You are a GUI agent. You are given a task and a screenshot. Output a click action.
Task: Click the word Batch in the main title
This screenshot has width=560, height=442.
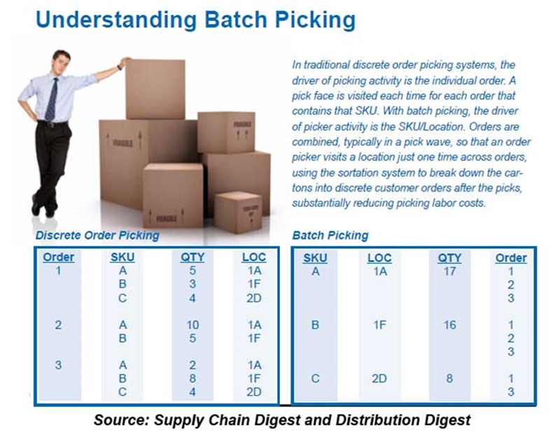[x=235, y=20]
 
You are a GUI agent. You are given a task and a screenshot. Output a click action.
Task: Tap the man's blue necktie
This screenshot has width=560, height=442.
[x=52, y=100]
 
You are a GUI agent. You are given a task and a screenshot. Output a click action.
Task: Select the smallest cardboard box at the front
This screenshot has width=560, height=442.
[x=238, y=212]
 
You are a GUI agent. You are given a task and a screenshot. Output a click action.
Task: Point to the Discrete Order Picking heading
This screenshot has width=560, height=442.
[x=97, y=236]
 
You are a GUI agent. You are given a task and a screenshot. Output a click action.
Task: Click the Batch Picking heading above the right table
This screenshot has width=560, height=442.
[x=330, y=236]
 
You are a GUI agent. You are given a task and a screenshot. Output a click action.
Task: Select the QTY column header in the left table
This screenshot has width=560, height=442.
[x=192, y=257]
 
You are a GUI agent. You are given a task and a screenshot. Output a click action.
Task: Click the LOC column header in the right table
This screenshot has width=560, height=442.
[x=379, y=258]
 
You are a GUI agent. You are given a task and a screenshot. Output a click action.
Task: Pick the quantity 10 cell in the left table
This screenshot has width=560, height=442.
[x=192, y=325]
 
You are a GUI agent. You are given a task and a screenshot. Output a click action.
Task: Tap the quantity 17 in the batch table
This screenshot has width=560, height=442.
[x=449, y=271]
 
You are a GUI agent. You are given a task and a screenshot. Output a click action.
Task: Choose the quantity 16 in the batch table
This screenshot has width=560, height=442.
[x=449, y=325]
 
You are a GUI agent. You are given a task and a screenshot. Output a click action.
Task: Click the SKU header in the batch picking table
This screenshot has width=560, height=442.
[x=316, y=258]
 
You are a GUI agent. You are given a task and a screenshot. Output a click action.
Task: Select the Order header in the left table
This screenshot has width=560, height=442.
[x=59, y=257]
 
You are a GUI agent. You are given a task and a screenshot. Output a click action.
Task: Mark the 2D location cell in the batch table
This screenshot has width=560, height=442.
[x=379, y=378]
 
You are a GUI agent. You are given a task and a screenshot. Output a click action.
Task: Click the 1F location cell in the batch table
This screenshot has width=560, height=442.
[x=379, y=325]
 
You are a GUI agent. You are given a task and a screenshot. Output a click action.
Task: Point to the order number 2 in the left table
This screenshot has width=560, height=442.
[x=58, y=325]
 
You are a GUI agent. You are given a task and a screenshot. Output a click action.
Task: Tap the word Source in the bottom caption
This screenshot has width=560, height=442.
[x=121, y=420]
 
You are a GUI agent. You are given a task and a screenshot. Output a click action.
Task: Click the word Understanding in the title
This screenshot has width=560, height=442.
[x=116, y=20]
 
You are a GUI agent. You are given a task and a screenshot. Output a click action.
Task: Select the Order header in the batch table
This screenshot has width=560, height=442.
[x=511, y=258]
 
